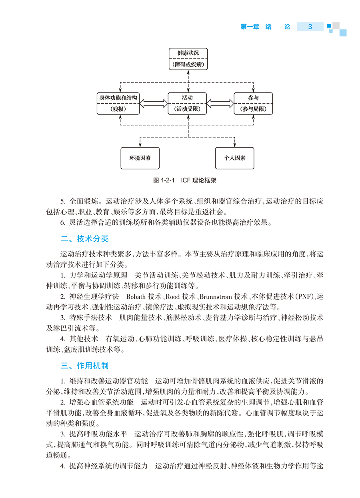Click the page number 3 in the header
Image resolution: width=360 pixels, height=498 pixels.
click(x=310, y=27)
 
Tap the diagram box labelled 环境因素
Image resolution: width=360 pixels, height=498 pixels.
click(x=140, y=158)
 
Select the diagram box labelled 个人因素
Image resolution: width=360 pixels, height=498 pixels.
click(x=235, y=158)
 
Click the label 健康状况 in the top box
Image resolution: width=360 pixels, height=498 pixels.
click(x=188, y=52)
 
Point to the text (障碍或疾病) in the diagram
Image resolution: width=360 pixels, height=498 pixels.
click(x=188, y=64)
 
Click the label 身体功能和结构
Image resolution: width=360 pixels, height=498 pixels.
click(x=118, y=98)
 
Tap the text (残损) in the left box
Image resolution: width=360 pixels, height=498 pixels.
click(x=118, y=109)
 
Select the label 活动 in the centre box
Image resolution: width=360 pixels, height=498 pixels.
click(x=188, y=98)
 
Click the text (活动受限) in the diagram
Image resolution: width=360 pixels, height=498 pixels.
click(x=188, y=109)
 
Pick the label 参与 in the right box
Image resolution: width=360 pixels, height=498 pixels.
click(x=253, y=98)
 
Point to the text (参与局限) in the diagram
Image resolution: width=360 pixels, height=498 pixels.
click(x=253, y=109)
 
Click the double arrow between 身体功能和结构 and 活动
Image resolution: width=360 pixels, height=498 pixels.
click(x=153, y=103)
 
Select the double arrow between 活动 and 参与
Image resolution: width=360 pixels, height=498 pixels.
click(x=220, y=103)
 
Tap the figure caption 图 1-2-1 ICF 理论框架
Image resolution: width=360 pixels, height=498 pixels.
click(x=185, y=180)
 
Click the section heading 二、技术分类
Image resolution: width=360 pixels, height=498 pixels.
click(x=84, y=239)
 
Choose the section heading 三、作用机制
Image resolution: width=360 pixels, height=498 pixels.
click(x=84, y=366)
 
